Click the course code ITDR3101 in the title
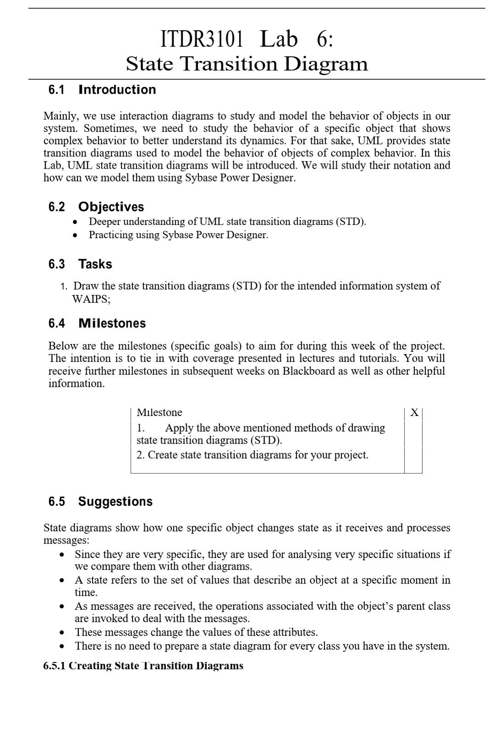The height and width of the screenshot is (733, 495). coord(202,39)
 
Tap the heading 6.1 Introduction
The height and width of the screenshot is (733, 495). coord(102,90)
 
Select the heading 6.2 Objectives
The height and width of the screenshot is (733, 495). coord(96,207)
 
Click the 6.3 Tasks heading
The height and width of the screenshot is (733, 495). coord(80,264)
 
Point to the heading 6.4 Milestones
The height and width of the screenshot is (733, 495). coord(97,323)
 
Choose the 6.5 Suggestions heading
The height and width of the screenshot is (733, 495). coord(100,502)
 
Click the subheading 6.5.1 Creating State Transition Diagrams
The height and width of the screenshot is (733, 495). coord(143,666)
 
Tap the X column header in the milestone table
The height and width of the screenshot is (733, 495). coord(414,413)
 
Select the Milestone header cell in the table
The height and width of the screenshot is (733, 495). coord(159,413)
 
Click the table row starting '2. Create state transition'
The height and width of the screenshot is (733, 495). coord(253,455)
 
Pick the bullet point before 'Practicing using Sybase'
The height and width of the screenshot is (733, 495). coord(76,235)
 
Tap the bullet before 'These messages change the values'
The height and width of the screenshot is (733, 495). coord(62,633)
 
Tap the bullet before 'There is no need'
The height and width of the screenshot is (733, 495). coord(62,647)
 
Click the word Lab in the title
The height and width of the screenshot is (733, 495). coord(279,39)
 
